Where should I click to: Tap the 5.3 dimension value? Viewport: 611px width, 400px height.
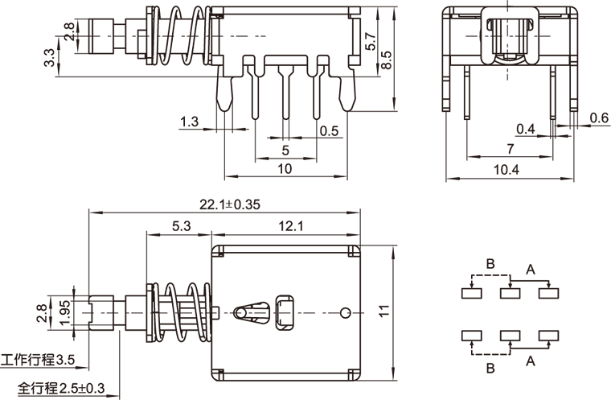(181, 227)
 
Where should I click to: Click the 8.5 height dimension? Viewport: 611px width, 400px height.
(386, 60)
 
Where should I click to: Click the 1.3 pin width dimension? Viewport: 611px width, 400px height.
(189, 122)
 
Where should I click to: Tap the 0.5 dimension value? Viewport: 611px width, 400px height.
(329, 131)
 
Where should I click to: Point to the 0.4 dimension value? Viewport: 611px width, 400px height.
(525, 129)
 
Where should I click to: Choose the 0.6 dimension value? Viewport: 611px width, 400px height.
(599, 118)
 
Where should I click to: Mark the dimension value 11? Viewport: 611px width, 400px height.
(384, 311)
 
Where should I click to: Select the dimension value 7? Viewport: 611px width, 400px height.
(510, 149)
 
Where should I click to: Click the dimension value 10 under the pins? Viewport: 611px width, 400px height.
(285, 169)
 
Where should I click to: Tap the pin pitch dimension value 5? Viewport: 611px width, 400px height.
(285, 151)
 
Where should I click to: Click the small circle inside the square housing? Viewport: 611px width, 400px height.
(346, 312)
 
